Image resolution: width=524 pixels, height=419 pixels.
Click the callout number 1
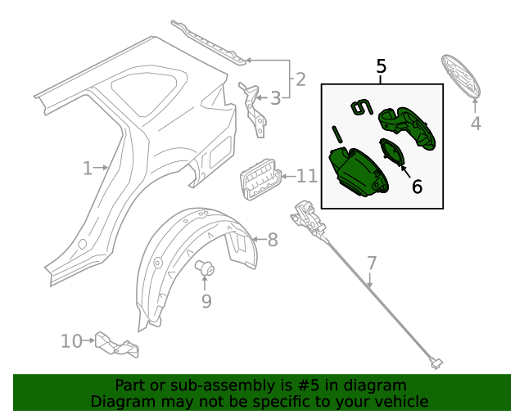(x=88, y=169)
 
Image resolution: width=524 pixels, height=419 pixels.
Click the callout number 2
(x=300, y=79)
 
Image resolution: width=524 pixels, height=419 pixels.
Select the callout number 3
(x=275, y=98)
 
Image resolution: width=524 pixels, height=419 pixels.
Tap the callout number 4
(x=476, y=124)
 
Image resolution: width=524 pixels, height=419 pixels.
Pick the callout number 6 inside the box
(x=417, y=187)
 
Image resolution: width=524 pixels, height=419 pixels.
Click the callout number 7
(x=372, y=263)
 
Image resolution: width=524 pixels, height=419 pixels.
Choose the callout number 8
(x=273, y=240)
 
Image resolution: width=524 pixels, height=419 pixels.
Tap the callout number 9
(x=206, y=301)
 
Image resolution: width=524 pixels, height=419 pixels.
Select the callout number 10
(x=71, y=340)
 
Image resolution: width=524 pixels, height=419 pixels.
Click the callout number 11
(x=306, y=176)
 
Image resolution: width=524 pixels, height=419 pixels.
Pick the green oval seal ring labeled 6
(x=391, y=152)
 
